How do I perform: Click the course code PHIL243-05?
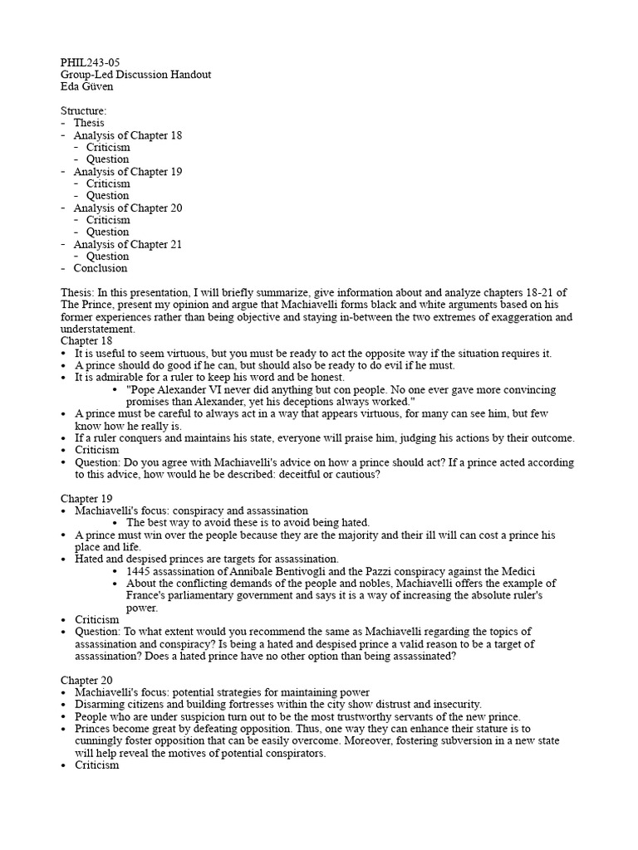(91, 62)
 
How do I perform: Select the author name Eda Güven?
(86, 86)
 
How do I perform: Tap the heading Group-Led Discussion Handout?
(136, 75)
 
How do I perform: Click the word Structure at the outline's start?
(82, 110)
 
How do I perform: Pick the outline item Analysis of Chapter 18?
(127, 135)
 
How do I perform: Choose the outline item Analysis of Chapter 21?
(127, 245)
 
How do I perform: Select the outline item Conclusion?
(101, 268)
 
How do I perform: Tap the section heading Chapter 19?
(87, 499)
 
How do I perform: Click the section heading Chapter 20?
(87, 681)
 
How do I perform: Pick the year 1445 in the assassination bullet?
(139, 571)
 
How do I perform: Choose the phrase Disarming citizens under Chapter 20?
(115, 705)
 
